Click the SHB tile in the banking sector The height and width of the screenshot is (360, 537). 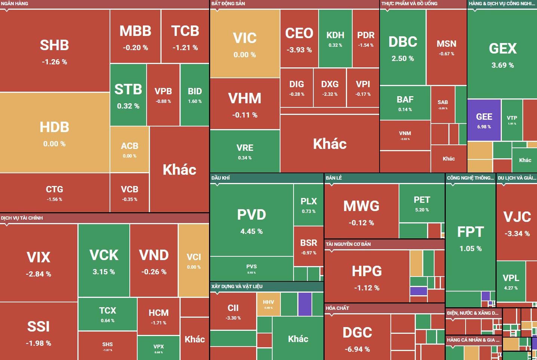point(55,51)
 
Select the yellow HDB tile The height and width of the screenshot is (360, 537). point(55,132)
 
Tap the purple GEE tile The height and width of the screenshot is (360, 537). point(484,120)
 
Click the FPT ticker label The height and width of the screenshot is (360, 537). point(470,232)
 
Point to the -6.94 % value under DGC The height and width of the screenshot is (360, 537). point(357,349)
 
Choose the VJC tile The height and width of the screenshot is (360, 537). point(517,223)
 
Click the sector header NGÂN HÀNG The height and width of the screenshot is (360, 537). point(15,4)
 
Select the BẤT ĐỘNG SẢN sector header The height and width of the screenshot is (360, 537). point(228,4)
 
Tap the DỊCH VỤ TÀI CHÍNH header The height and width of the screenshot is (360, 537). point(22,218)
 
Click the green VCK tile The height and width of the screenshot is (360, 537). point(104,260)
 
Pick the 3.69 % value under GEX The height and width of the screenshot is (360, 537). point(503,65)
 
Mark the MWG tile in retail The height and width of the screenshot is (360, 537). point(361,211)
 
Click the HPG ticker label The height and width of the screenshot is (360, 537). point(367,271)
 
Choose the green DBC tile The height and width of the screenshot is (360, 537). point(403,47)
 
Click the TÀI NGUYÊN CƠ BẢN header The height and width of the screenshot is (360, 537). point(348,244)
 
